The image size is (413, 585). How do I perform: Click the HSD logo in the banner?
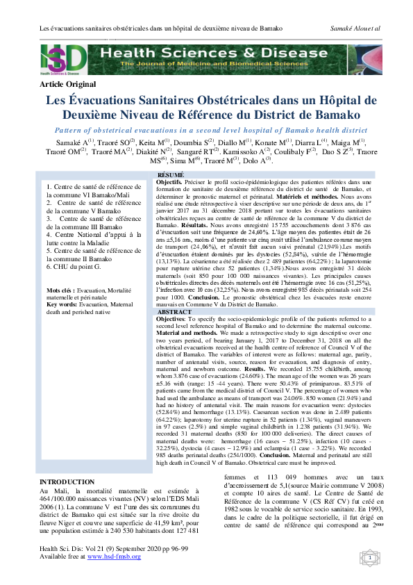point(64,58)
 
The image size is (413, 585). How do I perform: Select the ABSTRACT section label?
point(174,312)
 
